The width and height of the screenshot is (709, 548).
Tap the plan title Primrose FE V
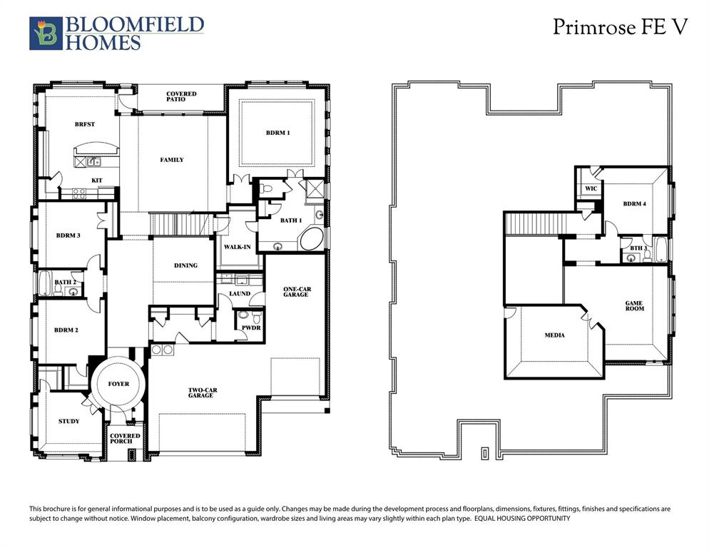click(620, 27)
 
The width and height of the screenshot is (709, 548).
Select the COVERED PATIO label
click(181, 96)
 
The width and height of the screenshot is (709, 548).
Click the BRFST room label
click(84, 124)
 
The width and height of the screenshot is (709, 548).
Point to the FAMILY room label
click(171, 160)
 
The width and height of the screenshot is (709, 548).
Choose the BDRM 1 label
click(278, 133)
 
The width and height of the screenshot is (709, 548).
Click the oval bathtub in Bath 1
click(312, 238)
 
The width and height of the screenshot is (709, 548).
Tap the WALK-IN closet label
click(236, 246)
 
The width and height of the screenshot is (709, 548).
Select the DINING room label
click(185, 265)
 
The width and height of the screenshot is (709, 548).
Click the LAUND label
click(239, 293)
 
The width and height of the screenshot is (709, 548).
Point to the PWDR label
click(251, 328)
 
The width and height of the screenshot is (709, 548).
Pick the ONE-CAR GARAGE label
click(295, 291)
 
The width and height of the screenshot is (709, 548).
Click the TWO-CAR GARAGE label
click(200, 392)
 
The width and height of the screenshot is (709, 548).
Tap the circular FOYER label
click(118, 384)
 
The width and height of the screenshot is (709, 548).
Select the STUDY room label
click(68, 421)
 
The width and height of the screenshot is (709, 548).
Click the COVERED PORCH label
click(126, 438)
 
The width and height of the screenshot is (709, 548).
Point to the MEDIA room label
click(554, 335)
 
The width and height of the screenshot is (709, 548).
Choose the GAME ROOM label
click(634, 305)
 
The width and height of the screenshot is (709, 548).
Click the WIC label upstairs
click(591, 188)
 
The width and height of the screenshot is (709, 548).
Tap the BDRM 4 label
click(634, 204)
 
